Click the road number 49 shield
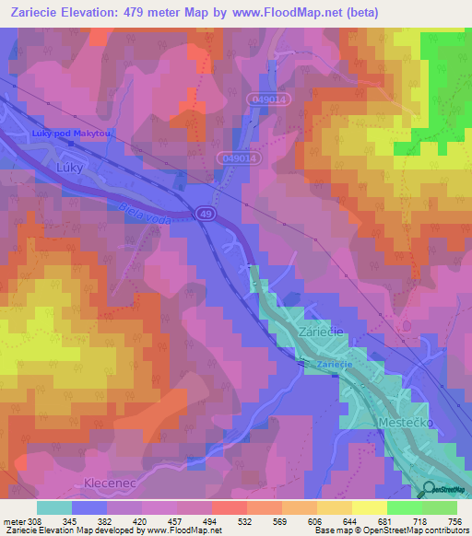[206, 214]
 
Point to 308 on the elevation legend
[34, 521]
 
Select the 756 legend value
[455, 521]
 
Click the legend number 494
[210, 521]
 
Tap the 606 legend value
[315, 521]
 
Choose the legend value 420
[140, 521]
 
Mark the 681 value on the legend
[385, 521]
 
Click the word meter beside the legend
[13, 521]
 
